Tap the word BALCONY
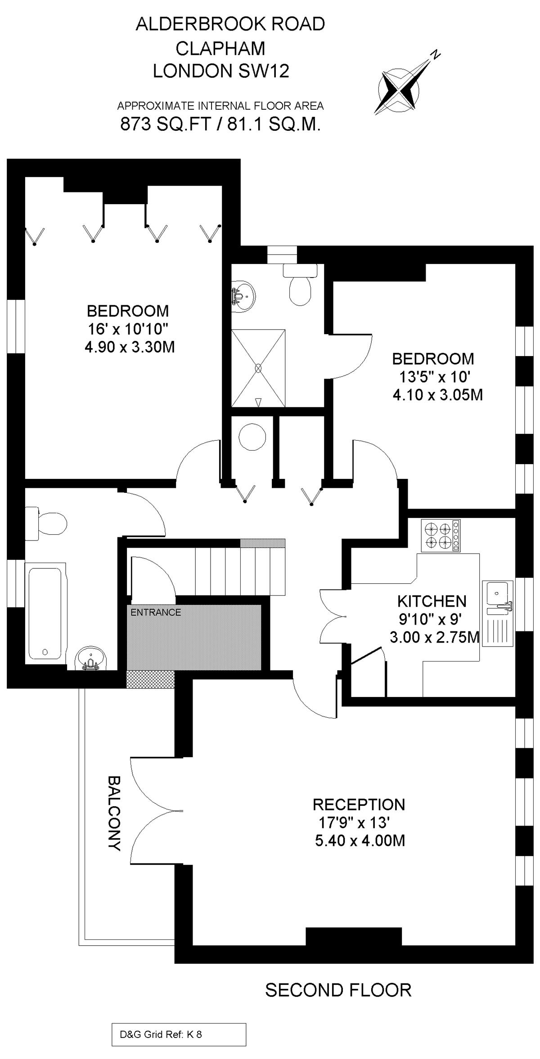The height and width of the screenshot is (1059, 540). [114, 813]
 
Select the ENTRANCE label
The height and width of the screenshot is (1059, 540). [156, 612]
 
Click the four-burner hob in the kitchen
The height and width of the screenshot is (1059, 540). [441, 536]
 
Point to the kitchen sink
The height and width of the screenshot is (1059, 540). [498, 613]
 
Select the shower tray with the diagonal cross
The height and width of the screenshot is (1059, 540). [258, 368]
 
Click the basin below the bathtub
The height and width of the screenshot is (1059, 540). [91, 659]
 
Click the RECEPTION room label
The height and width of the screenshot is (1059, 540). [359, 804]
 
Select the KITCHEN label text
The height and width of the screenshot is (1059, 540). [432, 601]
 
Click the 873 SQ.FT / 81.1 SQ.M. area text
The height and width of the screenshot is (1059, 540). [220, 124]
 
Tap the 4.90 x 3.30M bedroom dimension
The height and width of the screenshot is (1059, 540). [130, 347]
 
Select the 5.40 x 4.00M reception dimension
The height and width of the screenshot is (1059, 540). [360, 840]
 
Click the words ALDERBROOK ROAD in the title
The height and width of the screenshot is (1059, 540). [230, 24]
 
